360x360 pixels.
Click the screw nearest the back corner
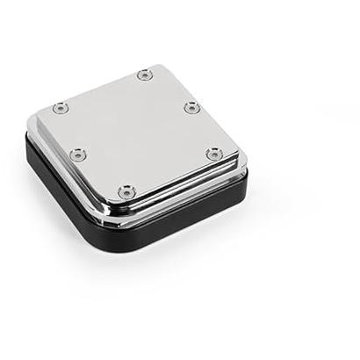[145, 76]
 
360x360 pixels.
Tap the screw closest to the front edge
[127, 190]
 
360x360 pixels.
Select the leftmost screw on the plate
[60, 108]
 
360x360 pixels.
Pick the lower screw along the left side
[77, 155]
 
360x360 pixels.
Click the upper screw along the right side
[189, 107]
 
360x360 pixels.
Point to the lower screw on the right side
[213, 154]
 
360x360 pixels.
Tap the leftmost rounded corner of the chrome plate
[40, 110]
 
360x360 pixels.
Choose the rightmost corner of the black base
[246, 180]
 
